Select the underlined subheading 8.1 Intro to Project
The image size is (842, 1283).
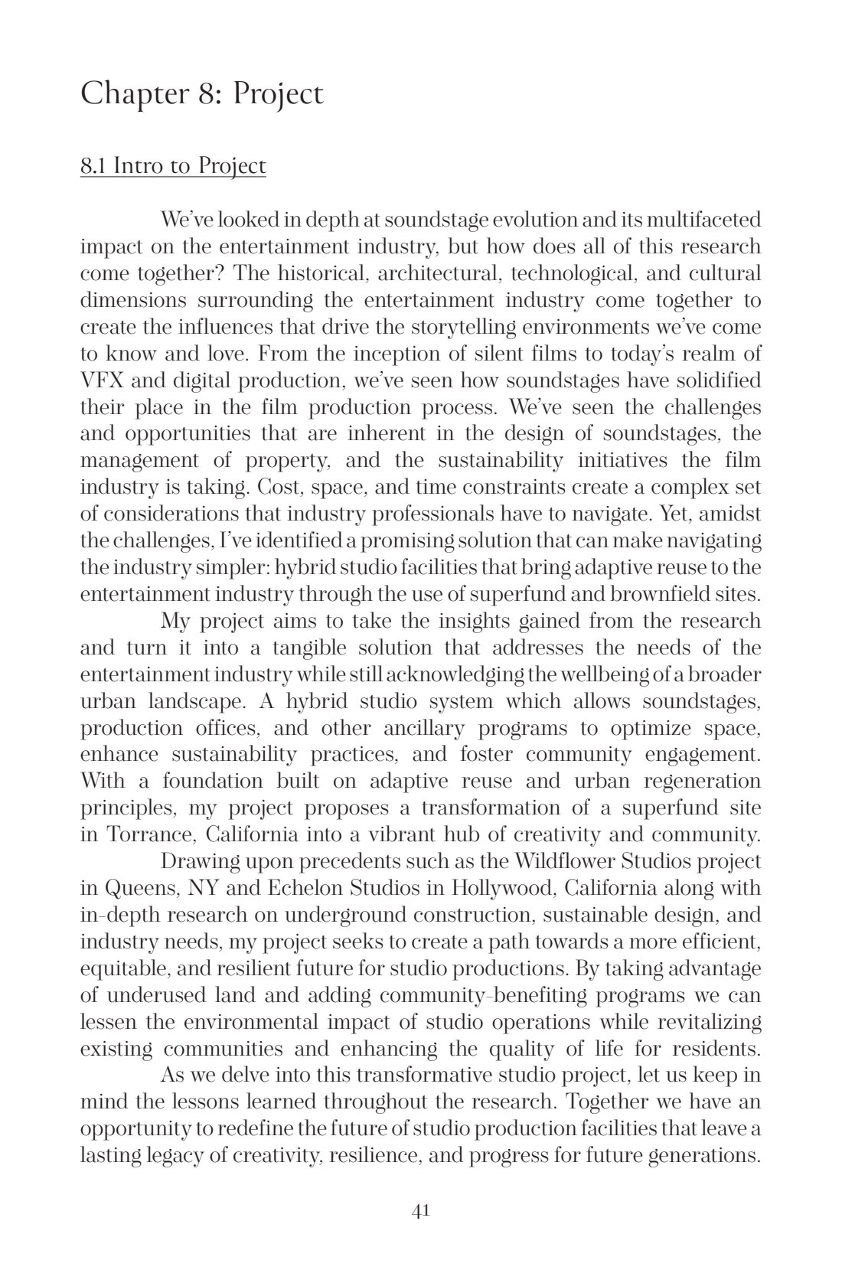(173, 166)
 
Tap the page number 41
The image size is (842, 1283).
(420, 1210)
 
